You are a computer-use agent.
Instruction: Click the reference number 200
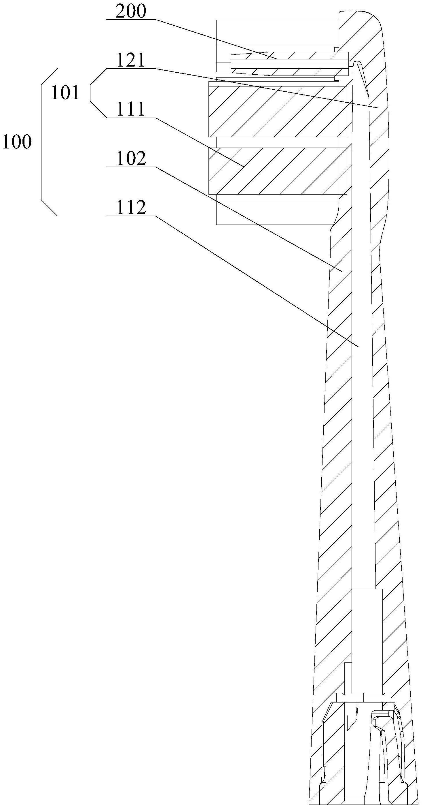coord(131,12)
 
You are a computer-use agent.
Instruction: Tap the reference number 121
coord(131,60)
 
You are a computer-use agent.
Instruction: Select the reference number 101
coord(65,93)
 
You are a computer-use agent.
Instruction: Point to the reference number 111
coord(131,109)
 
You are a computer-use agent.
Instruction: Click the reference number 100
coord(17,142)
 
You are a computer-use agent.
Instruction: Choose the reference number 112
coord(131,207)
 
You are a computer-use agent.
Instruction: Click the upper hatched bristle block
coord(278,112)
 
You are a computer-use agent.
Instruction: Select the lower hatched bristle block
coord(278,171)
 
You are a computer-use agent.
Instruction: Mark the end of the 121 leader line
coord(379,108)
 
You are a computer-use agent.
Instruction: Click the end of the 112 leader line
coord(358,346)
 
